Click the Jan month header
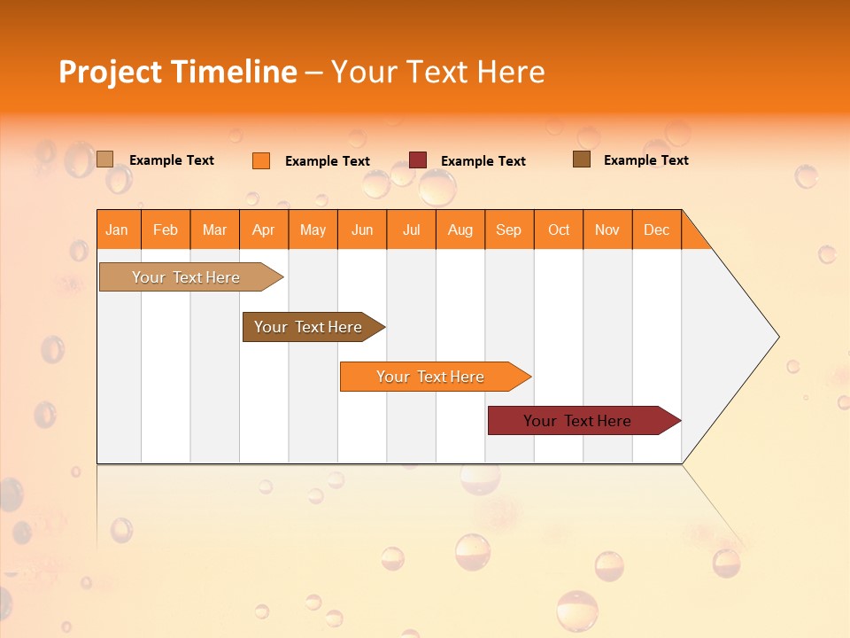point(118,230)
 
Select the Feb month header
point(166,230)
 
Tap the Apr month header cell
point(264,230)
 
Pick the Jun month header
point(362,230)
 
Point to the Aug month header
point(460,230)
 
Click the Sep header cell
point(509,230)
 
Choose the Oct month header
point(559,230)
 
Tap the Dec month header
point(657,230)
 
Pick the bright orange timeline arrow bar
point(431,377)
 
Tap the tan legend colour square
point(104,159)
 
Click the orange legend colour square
point(260,160)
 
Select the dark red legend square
point(418,160)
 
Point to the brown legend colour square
point(581,159)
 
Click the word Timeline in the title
point(232,72)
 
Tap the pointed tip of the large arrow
point(776,337)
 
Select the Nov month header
point(607,230)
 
